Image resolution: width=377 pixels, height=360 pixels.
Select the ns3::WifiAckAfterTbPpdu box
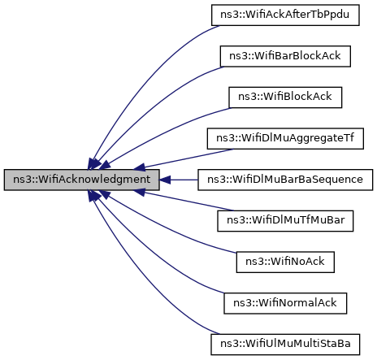click(x=285, y=15)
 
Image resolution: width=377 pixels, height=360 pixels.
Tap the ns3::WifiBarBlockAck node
click(x=285, y=56)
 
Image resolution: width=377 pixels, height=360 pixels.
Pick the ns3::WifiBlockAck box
click(x=285, y=97)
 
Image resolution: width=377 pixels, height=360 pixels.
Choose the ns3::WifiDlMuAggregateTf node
click(x=285, y=137)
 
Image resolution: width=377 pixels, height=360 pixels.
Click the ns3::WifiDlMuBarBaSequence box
click(x=285, y=179)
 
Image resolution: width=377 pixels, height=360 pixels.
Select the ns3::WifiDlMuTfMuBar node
click(x=285, y=219)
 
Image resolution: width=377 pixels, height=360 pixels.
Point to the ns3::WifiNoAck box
click(x=285, y=261)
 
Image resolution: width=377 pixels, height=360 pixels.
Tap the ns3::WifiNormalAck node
click(x=285, y=301)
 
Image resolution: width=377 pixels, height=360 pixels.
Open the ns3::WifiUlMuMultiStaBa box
click(x=285, y=342)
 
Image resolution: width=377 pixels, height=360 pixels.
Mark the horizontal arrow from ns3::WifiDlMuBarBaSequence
click(x=183, y=179)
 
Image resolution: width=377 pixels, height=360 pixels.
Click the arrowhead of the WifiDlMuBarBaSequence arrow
click(x=163, y=179)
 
